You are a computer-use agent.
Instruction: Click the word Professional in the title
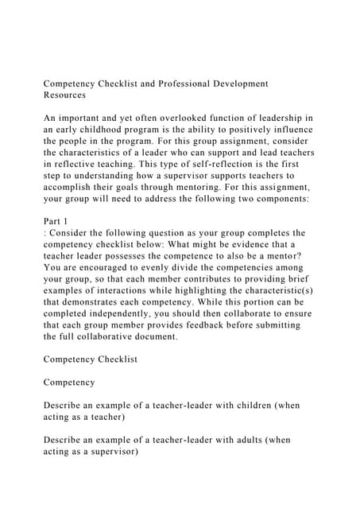(176, 83)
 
